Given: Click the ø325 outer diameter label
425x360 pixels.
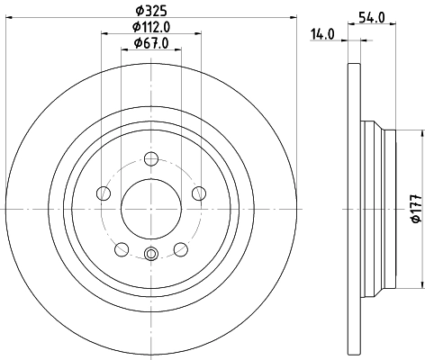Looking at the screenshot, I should coord(149,10).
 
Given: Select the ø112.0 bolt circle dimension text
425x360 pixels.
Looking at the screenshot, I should coord(149,26).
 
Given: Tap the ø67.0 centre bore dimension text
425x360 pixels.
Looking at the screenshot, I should coord(149,43).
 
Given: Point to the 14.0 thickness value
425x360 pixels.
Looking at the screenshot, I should coord(322,33).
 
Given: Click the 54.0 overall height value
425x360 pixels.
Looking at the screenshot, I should coord(372,16).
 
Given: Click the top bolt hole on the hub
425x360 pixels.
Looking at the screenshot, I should coord(150,159).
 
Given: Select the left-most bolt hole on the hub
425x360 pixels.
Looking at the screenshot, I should coord(104,193).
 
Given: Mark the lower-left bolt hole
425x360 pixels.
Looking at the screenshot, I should coord(122,248).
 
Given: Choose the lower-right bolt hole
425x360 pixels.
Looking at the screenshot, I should coord(179,248).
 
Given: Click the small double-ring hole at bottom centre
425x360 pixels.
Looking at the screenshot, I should coord(150,254).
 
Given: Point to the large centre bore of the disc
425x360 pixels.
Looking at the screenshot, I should coord(150,209).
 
